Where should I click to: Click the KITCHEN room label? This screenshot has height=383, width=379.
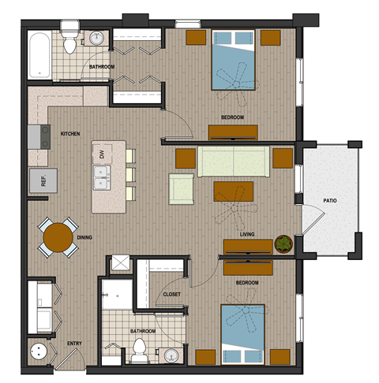click(x=70, y=134)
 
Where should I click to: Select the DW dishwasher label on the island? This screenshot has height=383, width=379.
click(x=102, y=154)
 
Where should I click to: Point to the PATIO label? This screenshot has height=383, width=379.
click(x=329, y=201)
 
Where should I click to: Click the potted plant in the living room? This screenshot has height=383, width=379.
click(x=283, y=245)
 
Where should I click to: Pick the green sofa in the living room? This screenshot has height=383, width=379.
click(x=233, y=161)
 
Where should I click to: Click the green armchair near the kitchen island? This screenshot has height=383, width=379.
click(x=182, y=189)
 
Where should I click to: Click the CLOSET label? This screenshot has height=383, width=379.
click(x=171, y=294)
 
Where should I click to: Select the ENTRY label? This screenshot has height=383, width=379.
click(x=74, y=344)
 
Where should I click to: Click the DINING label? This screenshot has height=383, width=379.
click(x=85, y=236)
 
